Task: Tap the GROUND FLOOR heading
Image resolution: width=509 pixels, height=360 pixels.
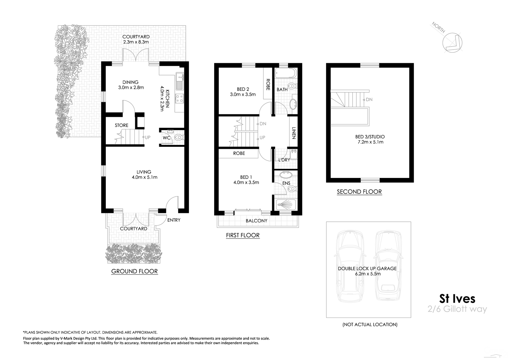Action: [134, 271]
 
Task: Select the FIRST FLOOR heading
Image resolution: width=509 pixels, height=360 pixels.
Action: [243, 235]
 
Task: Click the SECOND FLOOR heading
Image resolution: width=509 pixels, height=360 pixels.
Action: [359, 192]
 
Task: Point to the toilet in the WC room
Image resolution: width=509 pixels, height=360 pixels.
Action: [179, 138]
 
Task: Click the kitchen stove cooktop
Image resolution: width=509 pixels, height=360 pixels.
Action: [179, 99]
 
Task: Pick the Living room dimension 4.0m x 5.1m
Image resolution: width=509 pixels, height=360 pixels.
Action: [144, 177]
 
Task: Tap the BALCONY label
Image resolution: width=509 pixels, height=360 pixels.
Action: [257, 221]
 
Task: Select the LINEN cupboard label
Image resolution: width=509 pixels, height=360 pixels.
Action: [294, 133]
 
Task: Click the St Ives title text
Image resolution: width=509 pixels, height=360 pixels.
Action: [457, 299]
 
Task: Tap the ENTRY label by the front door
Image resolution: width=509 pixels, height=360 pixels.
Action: [174, 220]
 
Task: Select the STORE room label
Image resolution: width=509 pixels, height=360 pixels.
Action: [121, 125]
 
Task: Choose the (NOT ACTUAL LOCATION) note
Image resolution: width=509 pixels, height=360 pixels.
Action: [370, 325]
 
